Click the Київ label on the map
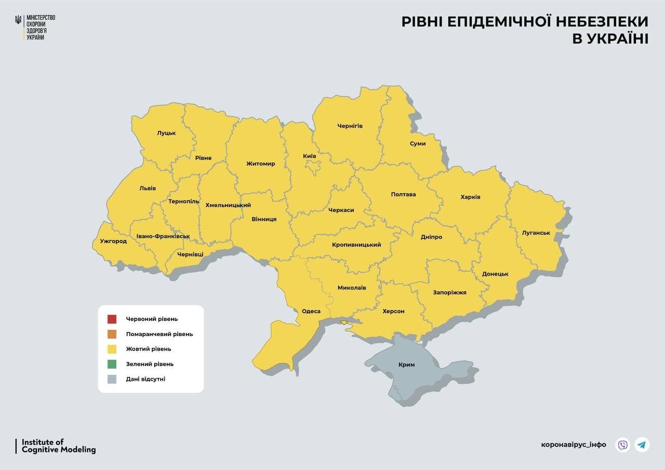310,156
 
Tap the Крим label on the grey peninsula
406,365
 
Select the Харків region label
470,197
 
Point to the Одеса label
311,311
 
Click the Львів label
148,188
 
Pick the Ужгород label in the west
113,241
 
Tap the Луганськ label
536,233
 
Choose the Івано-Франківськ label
163,236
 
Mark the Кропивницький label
356,245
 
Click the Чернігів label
350,126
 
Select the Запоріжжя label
449,292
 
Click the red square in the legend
112,319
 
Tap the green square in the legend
112,364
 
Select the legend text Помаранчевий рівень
159,334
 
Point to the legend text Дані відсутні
145,379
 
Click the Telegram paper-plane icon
642,445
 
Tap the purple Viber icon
622,445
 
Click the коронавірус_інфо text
573,445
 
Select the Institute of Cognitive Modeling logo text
58,446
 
